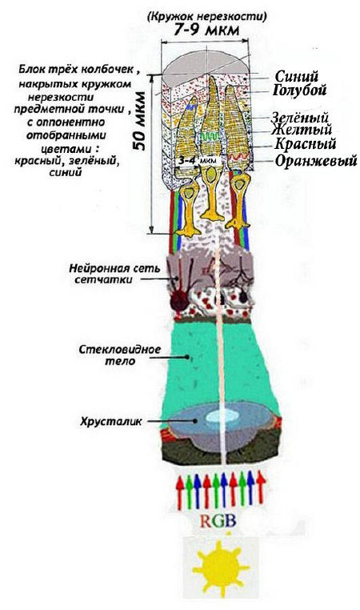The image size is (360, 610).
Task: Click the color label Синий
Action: point(297,76)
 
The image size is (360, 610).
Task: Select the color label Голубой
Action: point(299,90)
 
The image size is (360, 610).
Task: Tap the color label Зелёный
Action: point(300,117)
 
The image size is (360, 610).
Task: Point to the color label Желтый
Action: point(302,129)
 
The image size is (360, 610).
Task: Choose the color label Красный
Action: point(305,143)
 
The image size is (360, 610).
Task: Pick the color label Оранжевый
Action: point(316,160)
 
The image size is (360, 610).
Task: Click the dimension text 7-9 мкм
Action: point(206,30)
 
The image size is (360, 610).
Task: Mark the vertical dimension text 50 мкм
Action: point(138,122)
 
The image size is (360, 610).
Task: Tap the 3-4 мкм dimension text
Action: point(198,160)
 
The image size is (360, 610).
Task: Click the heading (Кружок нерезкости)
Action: point(207,17)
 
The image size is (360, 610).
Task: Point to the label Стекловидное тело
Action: point(120,355)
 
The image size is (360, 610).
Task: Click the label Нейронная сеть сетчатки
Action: point(114,274)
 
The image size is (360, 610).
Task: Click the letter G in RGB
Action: point(219,521)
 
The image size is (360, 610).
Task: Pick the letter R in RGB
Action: point(206,521)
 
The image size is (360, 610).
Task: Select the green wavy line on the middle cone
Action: point(210,137)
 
